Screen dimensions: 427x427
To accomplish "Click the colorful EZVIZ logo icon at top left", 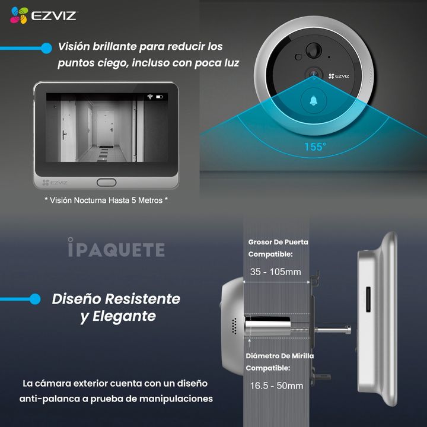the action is pos(19,15).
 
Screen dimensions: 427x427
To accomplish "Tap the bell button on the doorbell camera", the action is pos(314,101).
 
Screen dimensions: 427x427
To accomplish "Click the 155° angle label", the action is pos(315,147).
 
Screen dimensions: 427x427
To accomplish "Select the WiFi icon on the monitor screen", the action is pos(150,97).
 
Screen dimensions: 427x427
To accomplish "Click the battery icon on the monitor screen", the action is pos(160,97).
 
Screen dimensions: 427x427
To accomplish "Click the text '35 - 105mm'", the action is pos(276,272).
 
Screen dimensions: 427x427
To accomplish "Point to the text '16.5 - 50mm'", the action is pos(276,385).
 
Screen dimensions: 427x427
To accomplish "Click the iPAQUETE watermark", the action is pos(116,247).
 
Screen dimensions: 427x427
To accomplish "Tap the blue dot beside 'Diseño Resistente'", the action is pos(35,299).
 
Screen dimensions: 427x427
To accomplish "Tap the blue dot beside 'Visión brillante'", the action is pos(47,48).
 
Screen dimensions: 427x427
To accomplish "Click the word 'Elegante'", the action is pos(124,317).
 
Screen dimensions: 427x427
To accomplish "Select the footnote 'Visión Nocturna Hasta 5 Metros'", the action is pos(106,200).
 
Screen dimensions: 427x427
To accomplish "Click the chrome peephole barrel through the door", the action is pos(267,326).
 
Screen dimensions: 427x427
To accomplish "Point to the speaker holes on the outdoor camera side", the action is pos(234,326).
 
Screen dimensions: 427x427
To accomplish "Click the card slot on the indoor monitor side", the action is pos(368,299).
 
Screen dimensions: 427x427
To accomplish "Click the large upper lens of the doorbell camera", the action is pos(314,50).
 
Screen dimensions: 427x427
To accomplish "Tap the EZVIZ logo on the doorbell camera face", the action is pos(339,76).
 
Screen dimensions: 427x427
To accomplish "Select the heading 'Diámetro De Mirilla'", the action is pos(280,356).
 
